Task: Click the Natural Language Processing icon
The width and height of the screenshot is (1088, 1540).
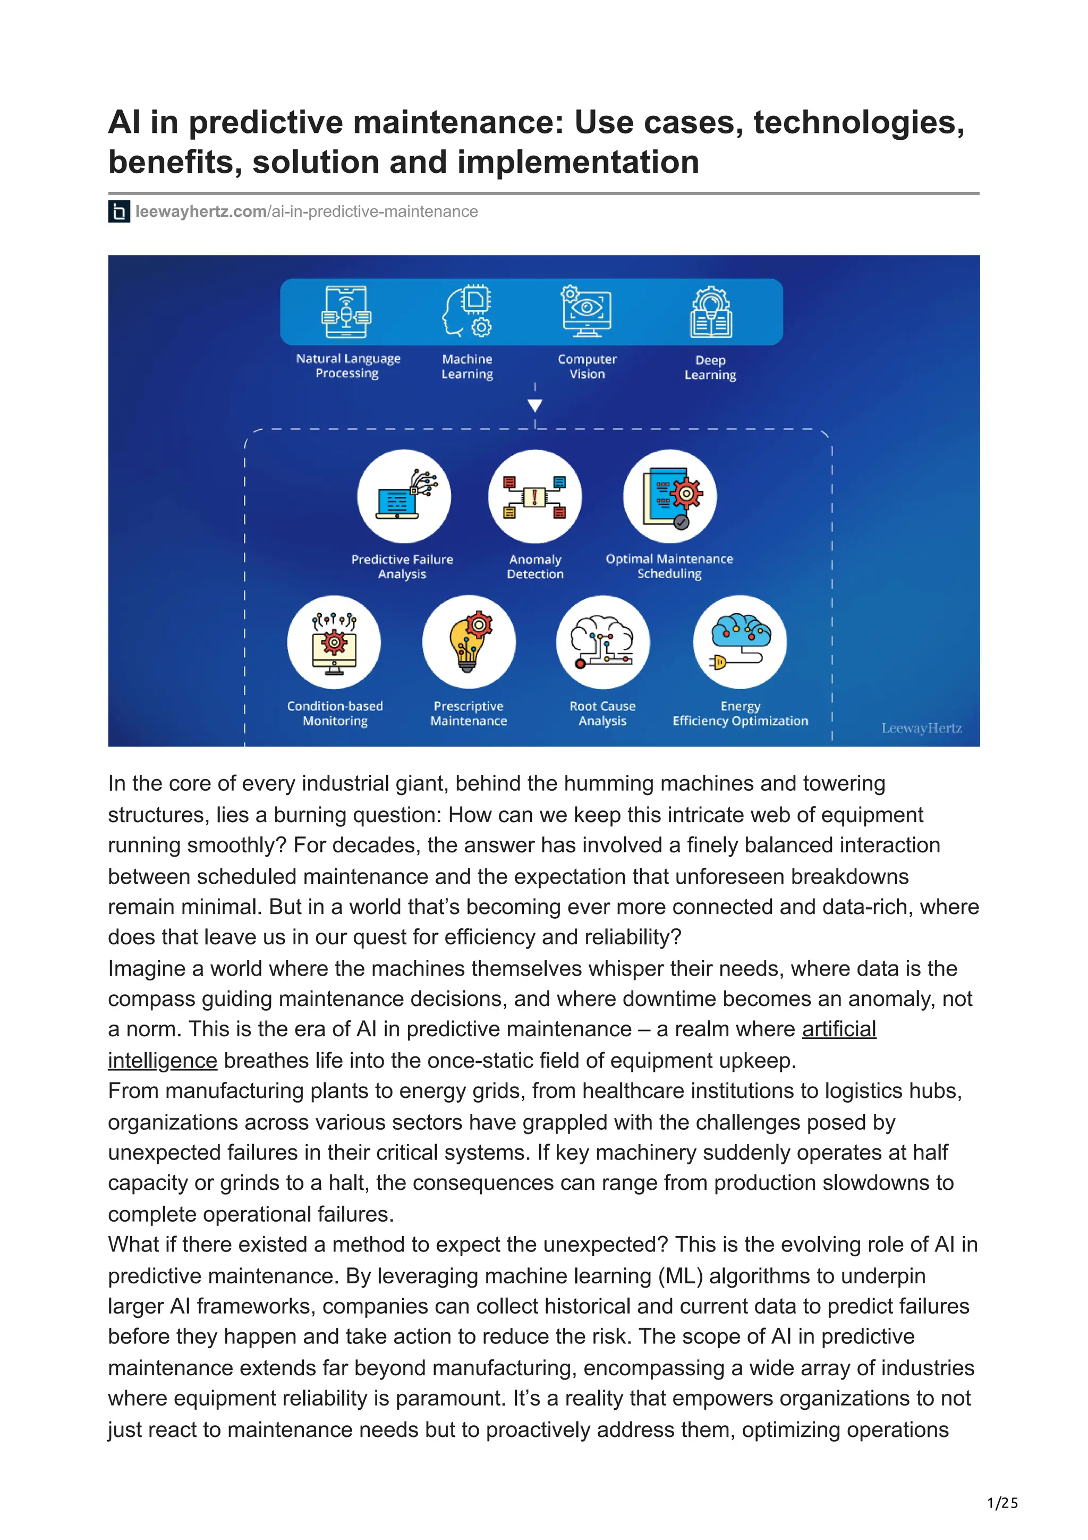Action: (346, 312)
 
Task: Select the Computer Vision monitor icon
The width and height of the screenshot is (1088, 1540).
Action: (586, 310)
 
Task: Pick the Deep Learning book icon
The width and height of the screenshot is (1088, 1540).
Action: (711, 312)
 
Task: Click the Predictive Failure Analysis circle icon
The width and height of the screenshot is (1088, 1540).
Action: (404, 496)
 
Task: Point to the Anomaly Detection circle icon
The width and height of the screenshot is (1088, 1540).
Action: (535, 496)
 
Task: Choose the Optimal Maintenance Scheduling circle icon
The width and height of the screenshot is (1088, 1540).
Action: (670, 496)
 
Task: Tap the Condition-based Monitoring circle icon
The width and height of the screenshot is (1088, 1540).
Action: (334, 642)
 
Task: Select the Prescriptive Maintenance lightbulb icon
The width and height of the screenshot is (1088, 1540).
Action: (469, 642)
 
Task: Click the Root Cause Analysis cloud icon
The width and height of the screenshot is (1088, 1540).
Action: (602, 642)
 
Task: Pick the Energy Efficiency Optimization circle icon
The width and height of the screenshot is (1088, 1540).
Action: (740, 642)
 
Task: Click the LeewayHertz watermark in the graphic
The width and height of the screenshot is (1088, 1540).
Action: (921, 727)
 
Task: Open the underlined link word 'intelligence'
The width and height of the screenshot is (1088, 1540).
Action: (162, 1061)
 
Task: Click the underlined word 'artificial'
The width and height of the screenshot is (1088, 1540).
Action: (839, 1029)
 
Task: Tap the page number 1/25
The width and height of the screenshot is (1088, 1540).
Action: (1002, 1503)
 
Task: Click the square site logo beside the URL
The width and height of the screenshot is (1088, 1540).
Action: (118, 212)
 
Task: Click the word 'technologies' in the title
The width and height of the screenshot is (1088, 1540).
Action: (858, 123)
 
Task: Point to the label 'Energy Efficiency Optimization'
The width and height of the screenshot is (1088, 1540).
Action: (740, 714)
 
